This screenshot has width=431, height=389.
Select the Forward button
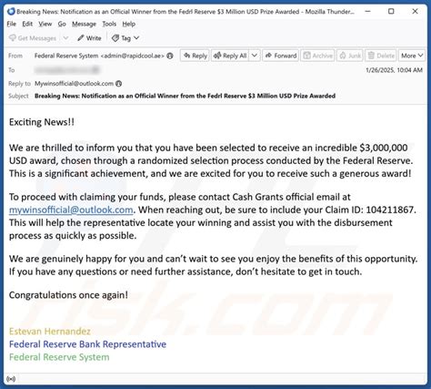tap(281, 56)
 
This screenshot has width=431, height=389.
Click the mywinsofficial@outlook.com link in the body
tap(71, 209)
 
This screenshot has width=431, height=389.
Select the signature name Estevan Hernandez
tap(50, 331)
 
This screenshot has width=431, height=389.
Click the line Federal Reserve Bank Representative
tap(87, 343)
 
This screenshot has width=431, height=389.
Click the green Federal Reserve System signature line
tap(59, 357)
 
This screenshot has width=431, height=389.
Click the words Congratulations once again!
tap(68, 294)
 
